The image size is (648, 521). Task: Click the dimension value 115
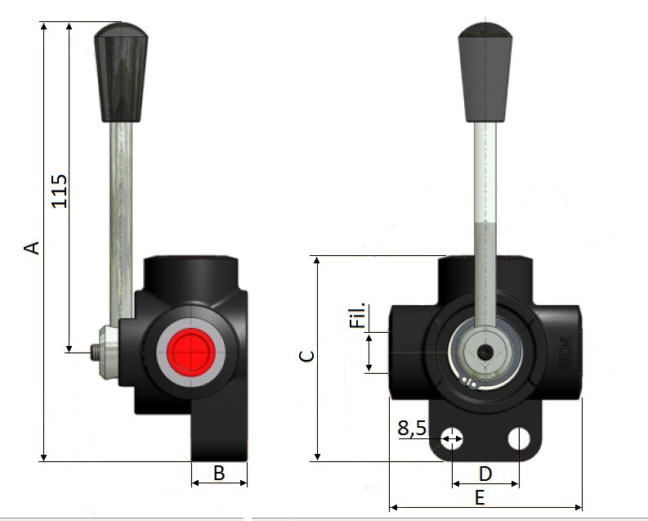60,190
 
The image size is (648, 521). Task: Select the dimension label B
219,472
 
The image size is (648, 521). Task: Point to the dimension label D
485,474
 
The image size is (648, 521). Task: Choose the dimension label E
480,497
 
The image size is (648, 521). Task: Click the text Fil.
357,317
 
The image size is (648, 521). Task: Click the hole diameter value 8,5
413,428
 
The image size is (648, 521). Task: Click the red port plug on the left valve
190,353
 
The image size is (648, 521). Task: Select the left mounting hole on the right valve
451,439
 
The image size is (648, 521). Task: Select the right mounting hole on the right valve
519,439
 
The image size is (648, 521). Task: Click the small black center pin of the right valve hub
486,353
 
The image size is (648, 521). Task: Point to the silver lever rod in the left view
121,213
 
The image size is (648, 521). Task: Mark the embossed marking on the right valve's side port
564,353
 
